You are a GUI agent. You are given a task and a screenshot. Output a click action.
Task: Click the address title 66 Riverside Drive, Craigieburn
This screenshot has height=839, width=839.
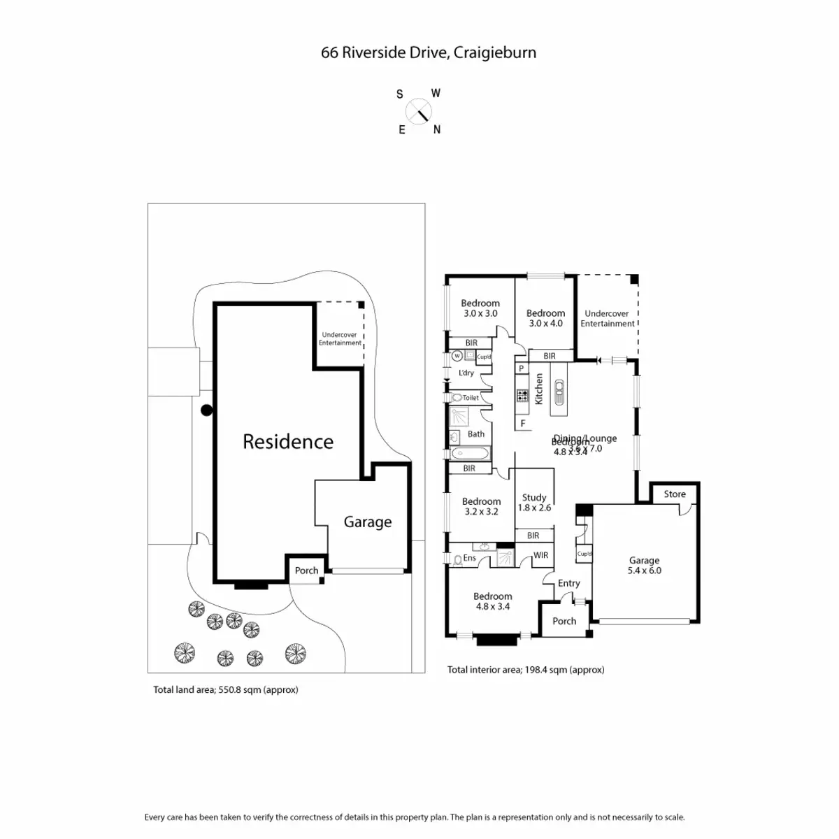coord(429,52)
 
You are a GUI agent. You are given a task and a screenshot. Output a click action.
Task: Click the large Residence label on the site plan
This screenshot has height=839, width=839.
coord(288,441)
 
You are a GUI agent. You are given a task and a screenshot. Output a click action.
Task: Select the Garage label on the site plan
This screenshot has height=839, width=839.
coord(367,522)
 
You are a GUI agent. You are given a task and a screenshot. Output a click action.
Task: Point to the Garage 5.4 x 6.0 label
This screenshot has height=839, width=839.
coord(644,565)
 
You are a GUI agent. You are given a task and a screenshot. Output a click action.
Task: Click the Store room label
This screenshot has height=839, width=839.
coord(675,494)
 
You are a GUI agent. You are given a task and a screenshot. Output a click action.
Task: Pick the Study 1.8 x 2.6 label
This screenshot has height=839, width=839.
coord(534,503)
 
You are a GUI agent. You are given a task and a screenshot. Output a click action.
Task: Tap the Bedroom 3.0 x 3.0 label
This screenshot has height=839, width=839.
coord(480,308)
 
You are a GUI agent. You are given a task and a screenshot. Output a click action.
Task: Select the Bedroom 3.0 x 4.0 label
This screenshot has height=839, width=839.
coord(545,318)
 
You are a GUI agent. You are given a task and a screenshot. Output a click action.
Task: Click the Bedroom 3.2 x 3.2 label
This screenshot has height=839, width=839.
coord(481,506)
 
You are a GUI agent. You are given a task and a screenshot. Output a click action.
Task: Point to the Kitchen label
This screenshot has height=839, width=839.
coord(539,389)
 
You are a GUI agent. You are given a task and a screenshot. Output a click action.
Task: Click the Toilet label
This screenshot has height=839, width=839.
coord(471,398)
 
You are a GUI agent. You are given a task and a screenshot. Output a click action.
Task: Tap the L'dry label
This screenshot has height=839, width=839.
coord(466,373)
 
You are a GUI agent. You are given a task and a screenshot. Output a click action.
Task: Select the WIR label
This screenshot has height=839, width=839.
coord(541,555)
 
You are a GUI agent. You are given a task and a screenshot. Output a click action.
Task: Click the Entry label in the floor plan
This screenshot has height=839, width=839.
coord(568,583)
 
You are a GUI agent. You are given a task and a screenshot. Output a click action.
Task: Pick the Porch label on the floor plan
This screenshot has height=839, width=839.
coord(564,621)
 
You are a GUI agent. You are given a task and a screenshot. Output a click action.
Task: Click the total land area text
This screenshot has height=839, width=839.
coord(226,689)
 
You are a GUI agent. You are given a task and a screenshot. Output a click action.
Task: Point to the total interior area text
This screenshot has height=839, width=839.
coord(526,670)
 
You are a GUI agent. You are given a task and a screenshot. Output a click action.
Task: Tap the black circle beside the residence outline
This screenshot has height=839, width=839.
coord(206,411)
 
